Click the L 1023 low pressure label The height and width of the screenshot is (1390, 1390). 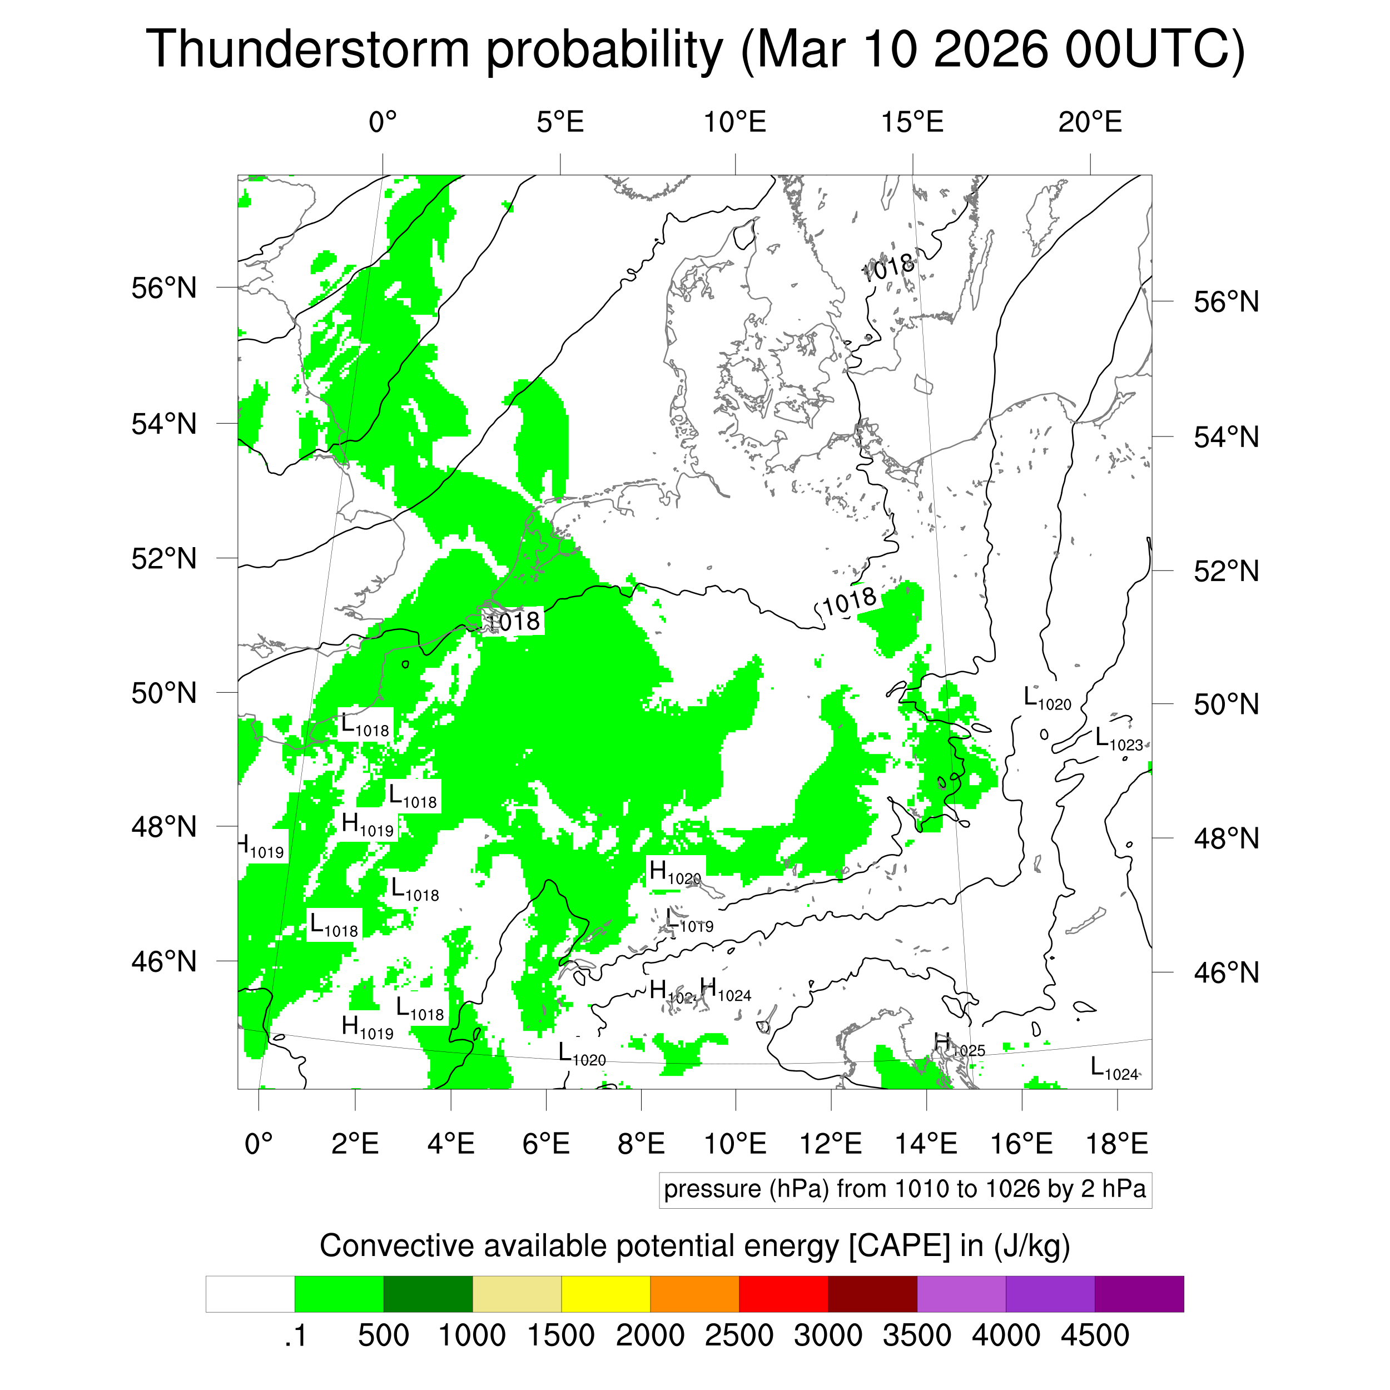pyautogui.click(x=1118, y=739)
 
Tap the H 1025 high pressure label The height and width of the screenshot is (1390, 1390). pyautogui.click(x=959, y=1045)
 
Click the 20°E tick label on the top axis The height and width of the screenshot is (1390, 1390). pyautogui.click(x=1089, y=122)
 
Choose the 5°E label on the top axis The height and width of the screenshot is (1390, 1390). pyautogui.click(x=560, y=122)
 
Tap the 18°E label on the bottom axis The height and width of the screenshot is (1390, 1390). pyautogui.click(x=1116, y=1143)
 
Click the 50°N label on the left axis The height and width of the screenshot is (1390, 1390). pyautogui.click(x=164, y=693)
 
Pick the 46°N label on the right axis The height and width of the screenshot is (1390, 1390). pyautogui.click(x=1226, y=972)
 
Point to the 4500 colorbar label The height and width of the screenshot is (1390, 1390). pyautogui.click(x=1094, y=1336)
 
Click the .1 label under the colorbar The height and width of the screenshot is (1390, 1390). pyautogui.click(x=295, y=1336)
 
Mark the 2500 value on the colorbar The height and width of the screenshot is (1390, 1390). pyautogui.click(x=739, y=1336)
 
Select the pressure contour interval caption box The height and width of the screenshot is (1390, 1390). pyautogui.click(x=905, y=1189)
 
